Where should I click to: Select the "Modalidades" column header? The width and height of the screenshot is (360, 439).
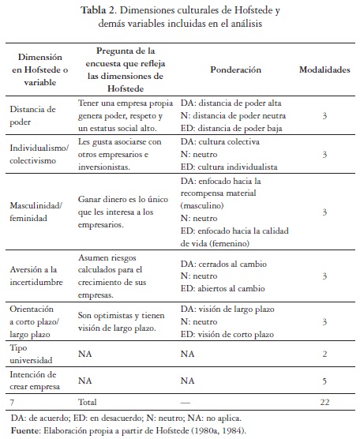pos(324,69)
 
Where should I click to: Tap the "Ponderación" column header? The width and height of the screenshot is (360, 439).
pos(235,69)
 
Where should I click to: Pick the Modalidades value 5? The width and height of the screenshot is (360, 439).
pos(324,379)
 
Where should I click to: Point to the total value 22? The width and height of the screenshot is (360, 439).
pos(324,403)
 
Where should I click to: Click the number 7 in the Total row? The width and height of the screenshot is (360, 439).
pos(12,403)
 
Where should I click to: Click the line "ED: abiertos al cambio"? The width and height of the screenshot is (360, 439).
pos(222,287)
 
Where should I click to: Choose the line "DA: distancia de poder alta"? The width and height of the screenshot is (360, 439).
pos(231,103)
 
